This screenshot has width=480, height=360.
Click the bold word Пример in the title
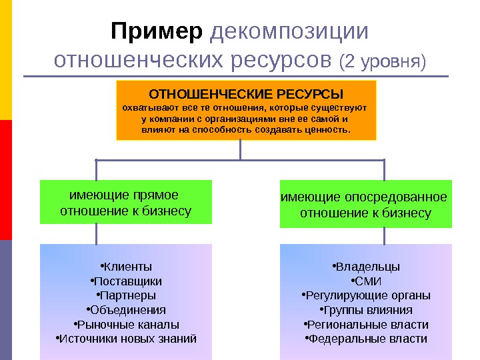click(156, 31)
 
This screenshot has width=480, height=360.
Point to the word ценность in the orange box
click(327, 129)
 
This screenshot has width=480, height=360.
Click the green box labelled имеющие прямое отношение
click(125, 202)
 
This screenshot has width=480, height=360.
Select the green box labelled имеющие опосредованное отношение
click(365, 205)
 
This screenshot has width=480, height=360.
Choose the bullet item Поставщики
click(125, 281)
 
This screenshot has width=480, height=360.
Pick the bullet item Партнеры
click(125, 295)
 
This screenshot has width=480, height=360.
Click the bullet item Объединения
click(125, 310)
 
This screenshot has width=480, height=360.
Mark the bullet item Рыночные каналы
click(125, 325)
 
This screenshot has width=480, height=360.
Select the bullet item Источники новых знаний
click(125, 339)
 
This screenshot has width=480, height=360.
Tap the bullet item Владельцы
click(365, 266)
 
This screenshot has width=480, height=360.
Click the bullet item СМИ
click(365, 281)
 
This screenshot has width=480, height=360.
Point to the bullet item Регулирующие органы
click(365, 295)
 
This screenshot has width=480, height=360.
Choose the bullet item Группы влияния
click(365, 310)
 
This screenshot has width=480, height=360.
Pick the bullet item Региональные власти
click(365, 325)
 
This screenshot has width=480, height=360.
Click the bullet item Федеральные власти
click(365, 339)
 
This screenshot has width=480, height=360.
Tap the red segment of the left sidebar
click(5, 180)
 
